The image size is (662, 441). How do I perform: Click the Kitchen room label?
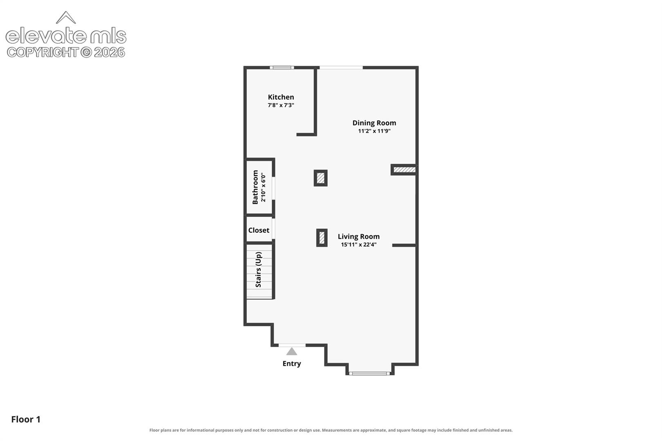pyautogui.click(x=281, y=97)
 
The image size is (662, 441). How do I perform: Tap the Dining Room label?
pyautogui.click(x=374, y=123)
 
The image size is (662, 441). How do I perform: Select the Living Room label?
pyautogui.click(x=358, y=236)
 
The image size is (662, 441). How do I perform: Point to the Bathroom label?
pyautogui.click(x=255, y=187)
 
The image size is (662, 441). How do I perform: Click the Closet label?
pyautogui.click(x=259, y=230)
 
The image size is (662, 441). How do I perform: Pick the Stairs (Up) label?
pyautogui.click(x=258, y=269)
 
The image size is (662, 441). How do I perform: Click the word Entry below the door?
pyautogui.click(x=292, y=363)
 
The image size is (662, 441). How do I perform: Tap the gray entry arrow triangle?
pyautogui.click(x=292, y=352)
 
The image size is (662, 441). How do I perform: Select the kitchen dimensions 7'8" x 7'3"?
pyautogui.click(x=281, y=105)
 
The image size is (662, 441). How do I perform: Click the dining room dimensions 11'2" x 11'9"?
pyautogui.click(x=374, y=131)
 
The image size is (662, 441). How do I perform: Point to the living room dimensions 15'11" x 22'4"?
pyautogui.click(x=358, y=245)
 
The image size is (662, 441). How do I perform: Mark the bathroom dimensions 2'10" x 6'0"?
pyautogui.click(x=263, y=188)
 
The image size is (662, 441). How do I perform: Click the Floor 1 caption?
pyautogui.click(x=26, y=419)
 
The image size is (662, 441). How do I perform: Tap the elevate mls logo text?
pyautogui.click(x=66, y=36)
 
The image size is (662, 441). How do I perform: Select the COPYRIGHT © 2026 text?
pyautogui.click(x=66, y=53)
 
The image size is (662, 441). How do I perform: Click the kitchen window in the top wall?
pyautogui.click(x=282, y=68)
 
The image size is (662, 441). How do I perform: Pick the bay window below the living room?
pyautogui.click(x=369, y=374)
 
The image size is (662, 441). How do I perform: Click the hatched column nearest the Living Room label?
pyautogui.click(x=322, y=238)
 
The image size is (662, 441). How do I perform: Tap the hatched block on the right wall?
pyautogui.click(x=405, y=170)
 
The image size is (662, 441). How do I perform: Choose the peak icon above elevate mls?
pyautogui.click(x=66, y=18)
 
